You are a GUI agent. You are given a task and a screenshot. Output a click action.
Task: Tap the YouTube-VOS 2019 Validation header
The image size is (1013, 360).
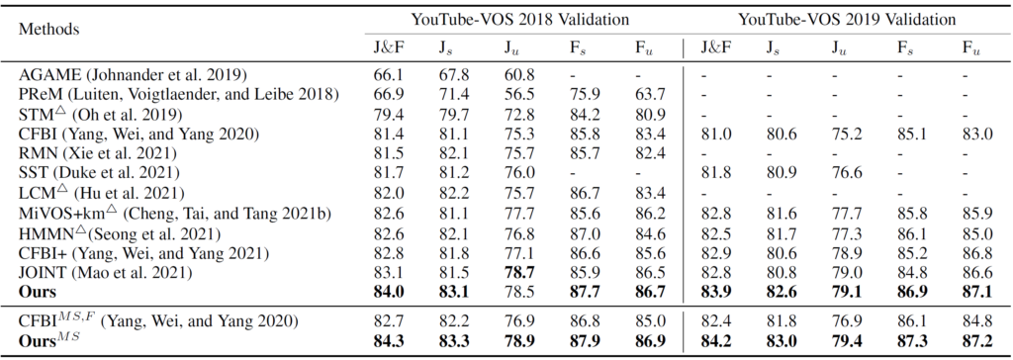pos(841,19)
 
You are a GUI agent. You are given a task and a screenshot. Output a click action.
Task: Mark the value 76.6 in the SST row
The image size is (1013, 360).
pos(841,172)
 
